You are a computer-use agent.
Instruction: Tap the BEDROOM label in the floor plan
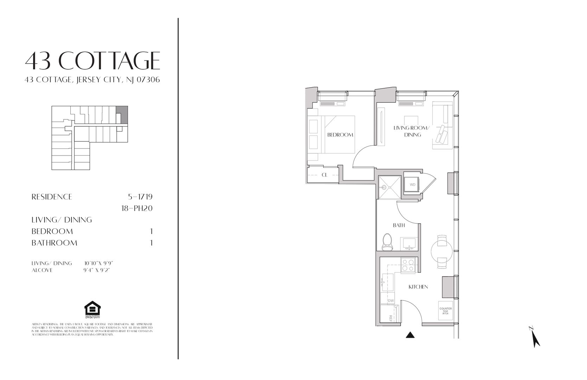tap(340, 135)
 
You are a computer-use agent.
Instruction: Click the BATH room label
tap(399, 225)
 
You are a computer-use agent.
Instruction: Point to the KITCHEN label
tap(418, 287)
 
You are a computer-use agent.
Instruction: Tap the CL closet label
tap(324, 175)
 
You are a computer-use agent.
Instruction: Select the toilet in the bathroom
tap(387, 242)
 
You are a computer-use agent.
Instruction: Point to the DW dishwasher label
tap(391, 301)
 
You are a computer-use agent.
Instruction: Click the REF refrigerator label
tap(390, 318)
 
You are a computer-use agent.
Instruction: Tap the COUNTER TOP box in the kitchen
tap(445, 311)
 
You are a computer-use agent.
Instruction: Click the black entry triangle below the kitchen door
tap(410, 335)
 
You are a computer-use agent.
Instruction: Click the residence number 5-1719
tap(140, 197)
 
